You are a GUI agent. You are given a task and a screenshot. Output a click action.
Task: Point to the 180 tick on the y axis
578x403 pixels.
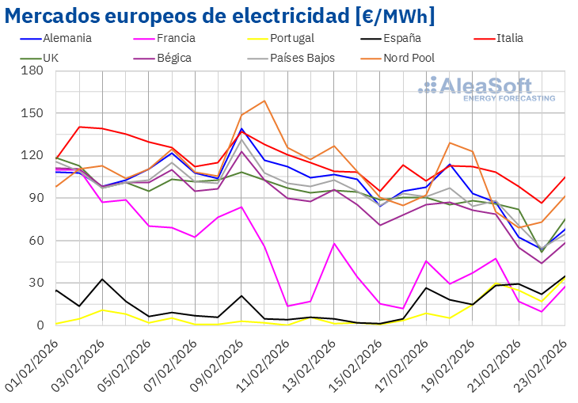pos(32,70)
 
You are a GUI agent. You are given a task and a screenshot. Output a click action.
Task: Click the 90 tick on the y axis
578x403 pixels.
pos(36,198)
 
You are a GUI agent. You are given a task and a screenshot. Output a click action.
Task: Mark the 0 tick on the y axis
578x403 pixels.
pos(40,325)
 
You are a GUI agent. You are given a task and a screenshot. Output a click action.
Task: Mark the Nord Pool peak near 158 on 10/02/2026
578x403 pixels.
pos(264,101)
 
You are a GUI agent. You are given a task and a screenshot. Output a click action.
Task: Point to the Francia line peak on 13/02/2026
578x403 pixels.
pos(334,243)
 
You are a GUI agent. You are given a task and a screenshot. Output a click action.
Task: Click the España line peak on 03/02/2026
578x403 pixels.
pos(102,279)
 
